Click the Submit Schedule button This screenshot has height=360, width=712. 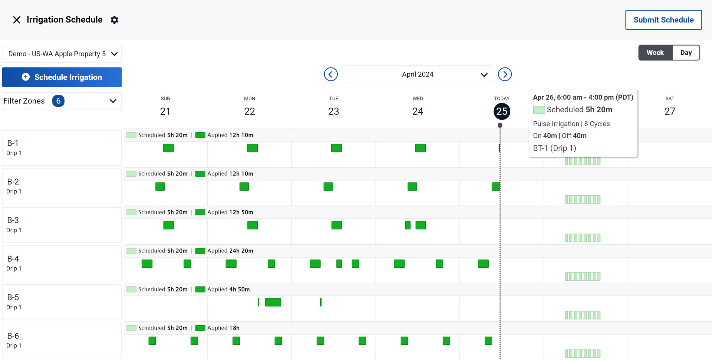[663, 20]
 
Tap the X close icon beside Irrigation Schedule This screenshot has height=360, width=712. [17, 20]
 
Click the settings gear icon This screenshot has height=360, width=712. [115, 20]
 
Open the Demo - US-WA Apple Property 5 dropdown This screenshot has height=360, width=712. [62, 54]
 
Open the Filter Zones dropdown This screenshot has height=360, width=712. [62, 101]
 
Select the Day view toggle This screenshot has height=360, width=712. [686, 53]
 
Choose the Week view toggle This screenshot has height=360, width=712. [655, 53]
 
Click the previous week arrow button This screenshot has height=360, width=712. [330, 74]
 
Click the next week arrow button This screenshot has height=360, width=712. [505, 74]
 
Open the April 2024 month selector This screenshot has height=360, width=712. [418, 74]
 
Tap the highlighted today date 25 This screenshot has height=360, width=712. [502, 111]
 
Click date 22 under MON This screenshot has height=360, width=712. [250, 111]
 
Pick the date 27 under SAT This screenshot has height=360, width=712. [669, 111]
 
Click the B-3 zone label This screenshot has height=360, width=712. [13, 221]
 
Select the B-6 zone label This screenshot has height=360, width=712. [13, 336]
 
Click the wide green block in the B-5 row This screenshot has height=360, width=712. [273, 302]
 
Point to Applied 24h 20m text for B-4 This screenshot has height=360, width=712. [230, 251]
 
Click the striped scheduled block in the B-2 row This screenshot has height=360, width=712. [582, 199]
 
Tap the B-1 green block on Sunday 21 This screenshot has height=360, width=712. [168, 148]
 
